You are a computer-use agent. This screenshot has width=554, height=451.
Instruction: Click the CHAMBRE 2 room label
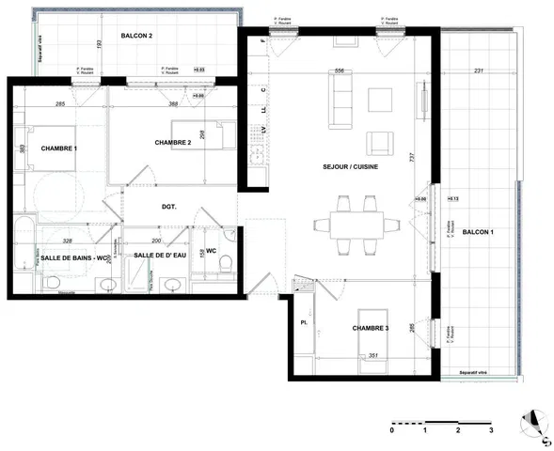173,143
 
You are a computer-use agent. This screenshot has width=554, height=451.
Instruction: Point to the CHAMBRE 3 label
371,328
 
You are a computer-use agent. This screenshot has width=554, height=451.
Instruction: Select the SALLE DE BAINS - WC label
71,256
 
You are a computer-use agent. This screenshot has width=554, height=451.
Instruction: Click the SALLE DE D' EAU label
158,256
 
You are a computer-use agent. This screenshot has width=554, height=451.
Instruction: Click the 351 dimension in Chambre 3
372,356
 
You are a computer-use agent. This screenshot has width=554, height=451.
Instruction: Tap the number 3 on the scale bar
491,429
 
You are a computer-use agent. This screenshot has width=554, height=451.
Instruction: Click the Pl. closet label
303,322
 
